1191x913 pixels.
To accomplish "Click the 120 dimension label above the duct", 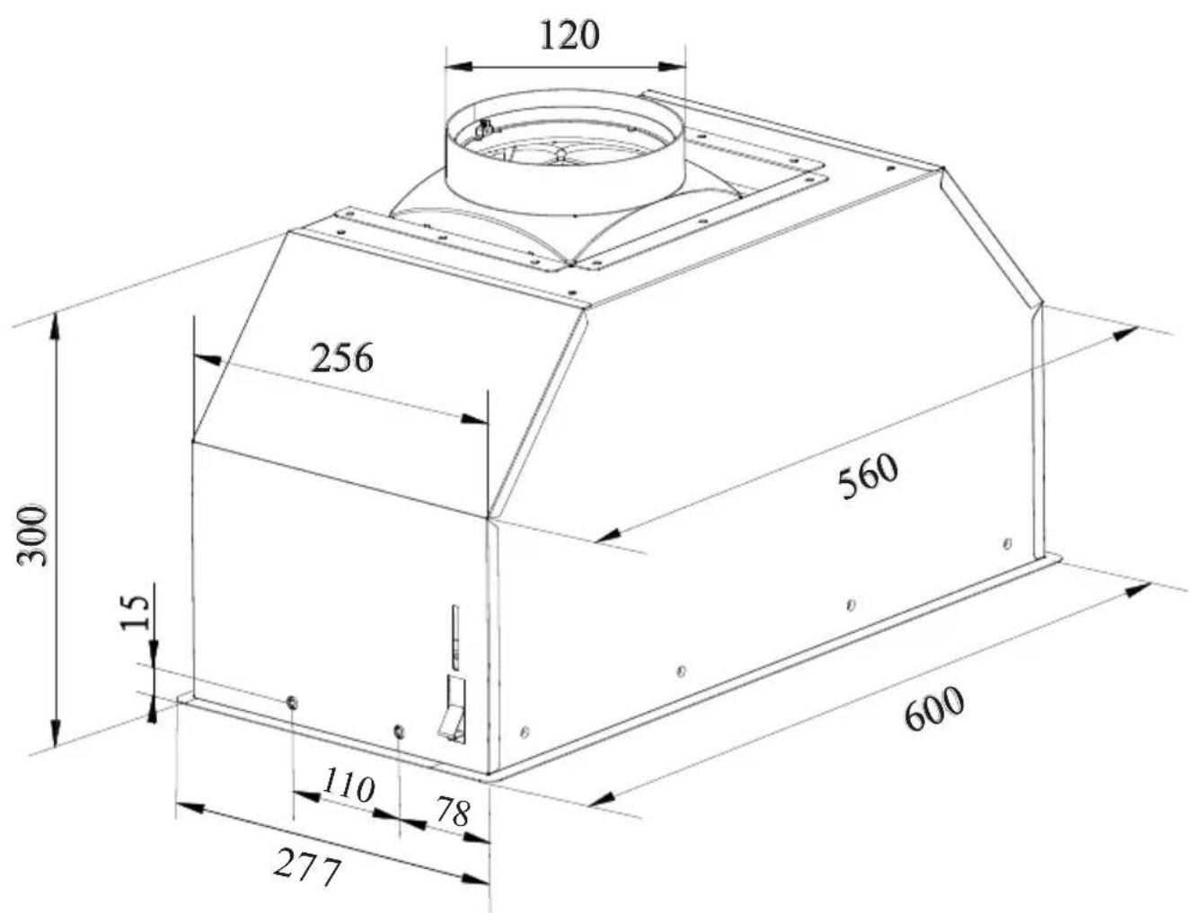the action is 569,35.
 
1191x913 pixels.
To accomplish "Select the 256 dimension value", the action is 342,358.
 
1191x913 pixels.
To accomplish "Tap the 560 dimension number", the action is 869,476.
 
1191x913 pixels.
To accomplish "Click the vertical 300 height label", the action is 32,536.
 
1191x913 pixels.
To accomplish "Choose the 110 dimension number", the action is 348,786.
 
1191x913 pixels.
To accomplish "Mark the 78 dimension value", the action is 454,812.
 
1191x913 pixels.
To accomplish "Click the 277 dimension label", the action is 308,865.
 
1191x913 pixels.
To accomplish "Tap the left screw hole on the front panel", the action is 292,703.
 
